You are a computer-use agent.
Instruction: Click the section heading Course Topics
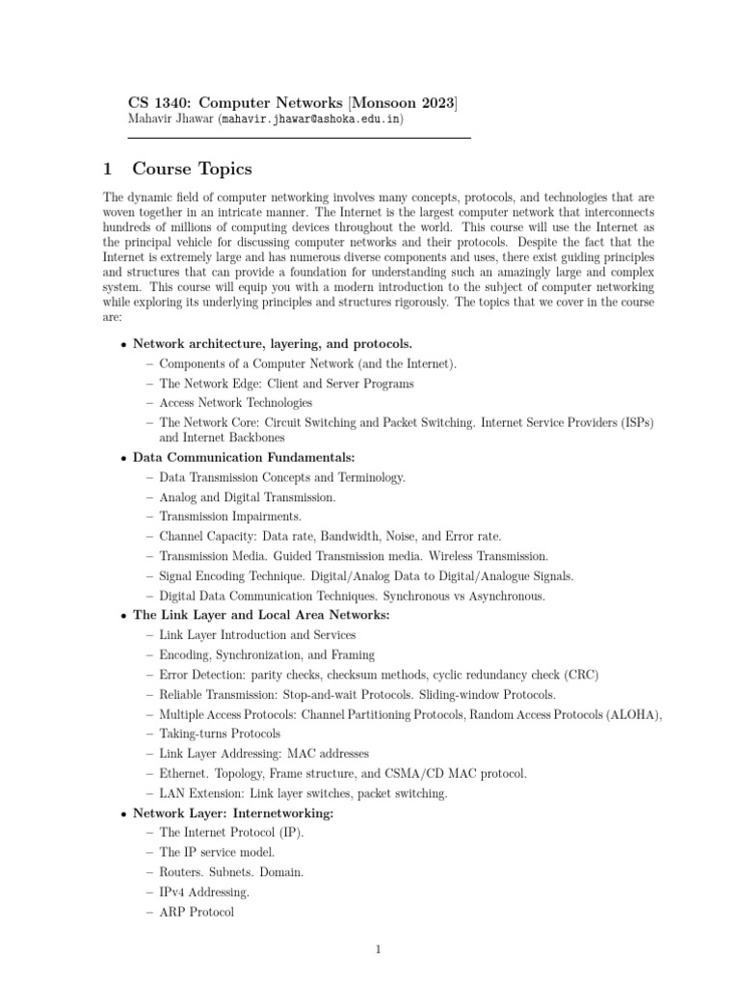tap(192, 170)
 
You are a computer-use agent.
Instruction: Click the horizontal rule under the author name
tap(300, 138)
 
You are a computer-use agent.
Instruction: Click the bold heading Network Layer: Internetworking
tap(233, 814)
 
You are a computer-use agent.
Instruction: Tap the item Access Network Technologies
tap(235, 402)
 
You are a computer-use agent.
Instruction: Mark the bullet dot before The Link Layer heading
tap(123, 616)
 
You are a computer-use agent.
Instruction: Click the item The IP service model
tap(217, 852)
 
